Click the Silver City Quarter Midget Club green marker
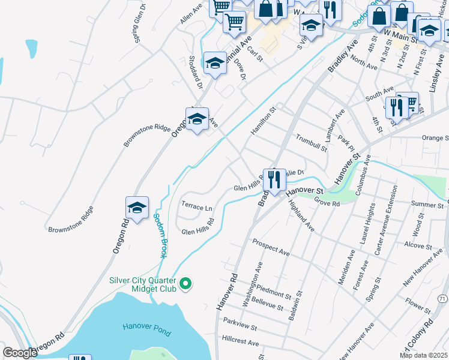click(186, 283)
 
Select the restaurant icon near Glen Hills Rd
click(274, 179)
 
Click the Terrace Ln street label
click(197, 207)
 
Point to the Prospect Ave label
click(271, 247)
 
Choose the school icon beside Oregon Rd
click(137, 208)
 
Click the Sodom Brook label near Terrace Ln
click(159, 236)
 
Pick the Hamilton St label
click(262, 121)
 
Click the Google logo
click(20, 353)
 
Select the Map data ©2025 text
click(423, 355)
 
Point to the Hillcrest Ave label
click(240, 343)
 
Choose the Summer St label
click(427, 205)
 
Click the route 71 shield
click(442, 298)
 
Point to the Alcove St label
click(414, 245)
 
